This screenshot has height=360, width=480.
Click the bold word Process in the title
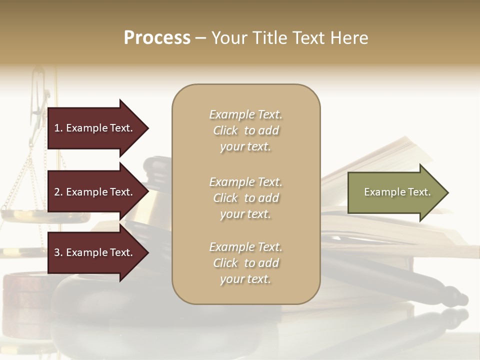click(157, 38)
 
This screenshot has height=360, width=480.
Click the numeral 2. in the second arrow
click(58, 192)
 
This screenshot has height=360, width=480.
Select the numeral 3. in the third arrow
click(58, 252)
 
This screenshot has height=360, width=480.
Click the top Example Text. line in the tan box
click(245, 114)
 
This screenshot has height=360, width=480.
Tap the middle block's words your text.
click(245, 214)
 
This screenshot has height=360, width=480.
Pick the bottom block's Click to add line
click(245, 263)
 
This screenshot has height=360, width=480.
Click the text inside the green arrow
click(397, 192)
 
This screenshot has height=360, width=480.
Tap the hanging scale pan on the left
click(25, 215)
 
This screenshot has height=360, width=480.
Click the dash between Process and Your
click(200, 38)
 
